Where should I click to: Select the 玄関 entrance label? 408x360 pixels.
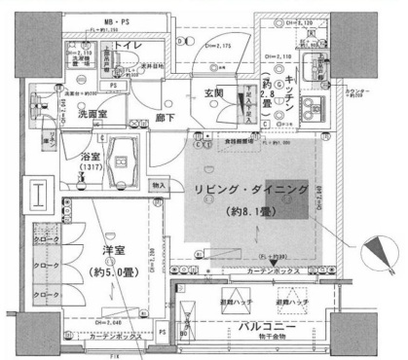213,92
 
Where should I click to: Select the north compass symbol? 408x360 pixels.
371,256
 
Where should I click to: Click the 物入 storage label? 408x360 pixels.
161,186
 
